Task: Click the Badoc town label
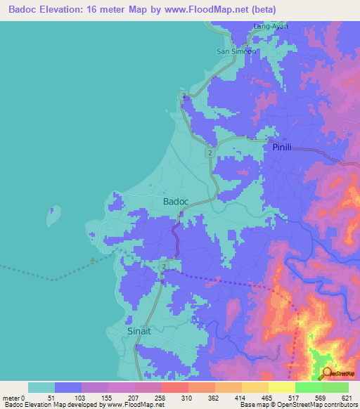pyautogui.click(x=176, y=202)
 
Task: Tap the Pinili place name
pyautogui.click(x=282, y=148)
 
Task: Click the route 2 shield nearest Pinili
pyautogui.click(x=210, y=152)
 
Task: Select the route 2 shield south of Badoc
pyautogui.click(x=164, y=267)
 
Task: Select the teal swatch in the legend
pyautogui.click(x=41, y=387)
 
